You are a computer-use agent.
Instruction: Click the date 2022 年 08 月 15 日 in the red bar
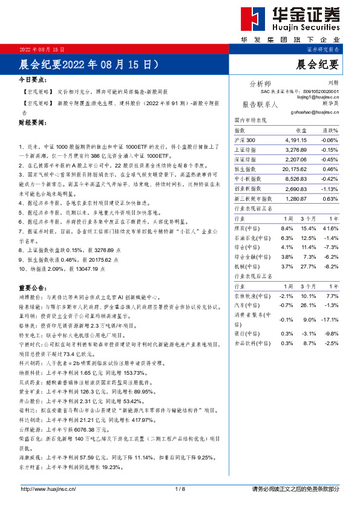42,48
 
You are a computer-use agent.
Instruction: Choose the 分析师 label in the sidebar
260,83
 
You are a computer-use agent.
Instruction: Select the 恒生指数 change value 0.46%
330,169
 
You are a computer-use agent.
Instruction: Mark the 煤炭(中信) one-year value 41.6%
330,228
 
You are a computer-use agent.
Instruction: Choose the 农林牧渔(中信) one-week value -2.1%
286,296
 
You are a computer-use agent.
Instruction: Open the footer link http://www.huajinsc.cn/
48,489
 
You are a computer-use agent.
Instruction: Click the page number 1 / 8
180,489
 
